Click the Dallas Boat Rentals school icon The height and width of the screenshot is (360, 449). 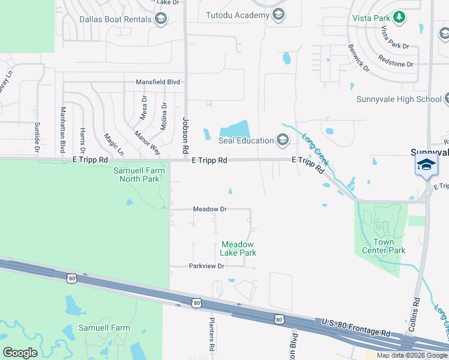160,19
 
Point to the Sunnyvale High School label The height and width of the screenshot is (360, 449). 399,99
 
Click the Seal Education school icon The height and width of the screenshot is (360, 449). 283,140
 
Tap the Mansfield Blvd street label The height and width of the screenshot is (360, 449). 158,82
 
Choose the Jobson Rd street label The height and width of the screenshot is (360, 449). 185,134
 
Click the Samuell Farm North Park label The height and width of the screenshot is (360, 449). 138,174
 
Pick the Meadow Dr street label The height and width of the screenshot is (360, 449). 209,209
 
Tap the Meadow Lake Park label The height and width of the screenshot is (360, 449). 238,248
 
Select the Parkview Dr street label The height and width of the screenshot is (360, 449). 206,266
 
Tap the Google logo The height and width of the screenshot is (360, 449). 20,353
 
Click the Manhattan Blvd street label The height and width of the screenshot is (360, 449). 62,130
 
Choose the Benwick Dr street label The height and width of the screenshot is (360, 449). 358,58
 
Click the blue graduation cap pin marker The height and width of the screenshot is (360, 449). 426,164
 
